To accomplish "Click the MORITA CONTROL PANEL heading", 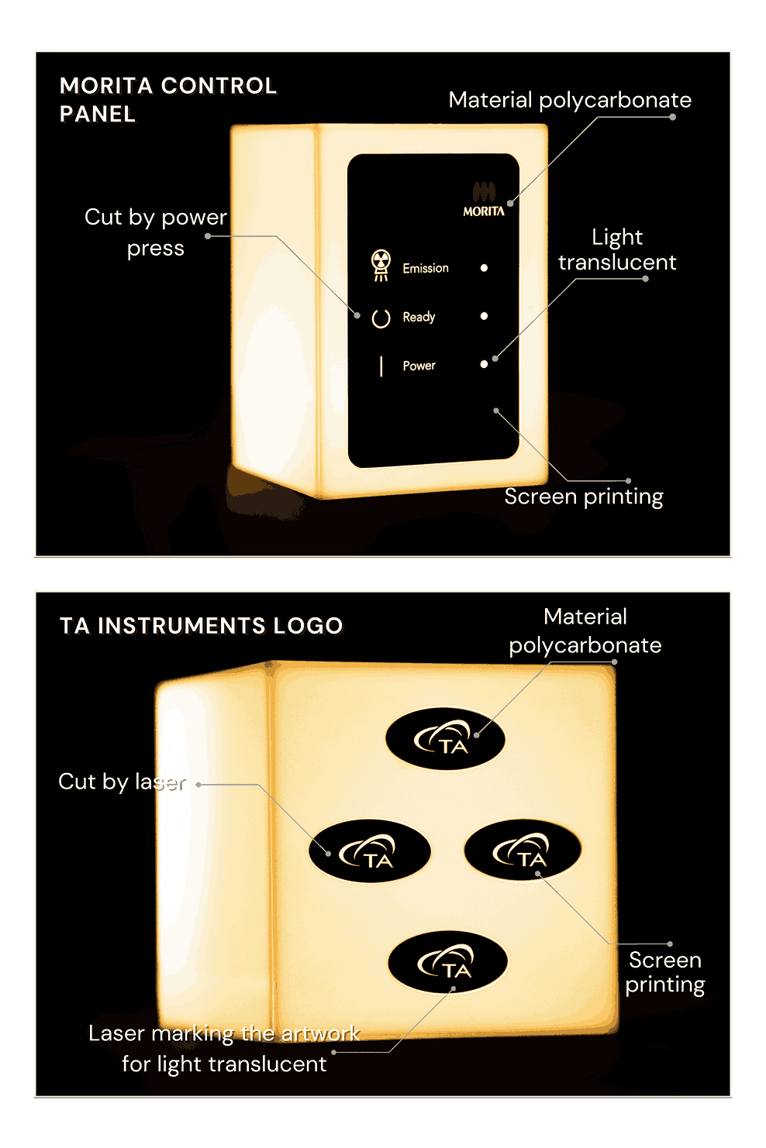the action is point(167,99).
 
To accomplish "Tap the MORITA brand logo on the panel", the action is point(484,201).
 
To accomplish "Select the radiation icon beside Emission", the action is point(381,265).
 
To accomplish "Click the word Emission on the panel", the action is point(426,268).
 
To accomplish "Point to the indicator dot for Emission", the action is point(484,268).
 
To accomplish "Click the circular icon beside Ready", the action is point(381,318).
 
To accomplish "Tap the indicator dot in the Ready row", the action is point(484,316).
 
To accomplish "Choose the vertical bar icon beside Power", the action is point(381,366).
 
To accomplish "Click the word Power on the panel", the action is point(419,366).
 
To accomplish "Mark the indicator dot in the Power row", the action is point(484,364).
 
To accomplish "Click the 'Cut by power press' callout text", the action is point(156,232).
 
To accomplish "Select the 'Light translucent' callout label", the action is point(617,249).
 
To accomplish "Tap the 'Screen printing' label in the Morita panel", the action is point(584,497).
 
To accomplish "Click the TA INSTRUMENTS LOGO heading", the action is point(201,626).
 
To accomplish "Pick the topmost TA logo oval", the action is point(445,738).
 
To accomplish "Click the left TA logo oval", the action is point(369,851).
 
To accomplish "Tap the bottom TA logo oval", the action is point(447,961).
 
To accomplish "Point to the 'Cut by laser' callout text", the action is point(122,782).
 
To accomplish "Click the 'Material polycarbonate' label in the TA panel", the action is point(585,631).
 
